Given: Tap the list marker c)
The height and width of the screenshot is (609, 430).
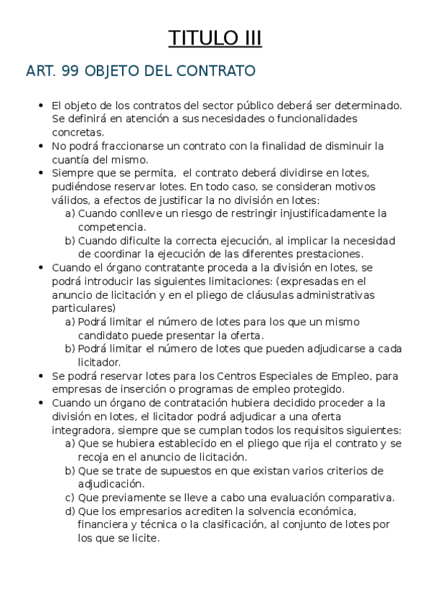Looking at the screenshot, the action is coord(70,497).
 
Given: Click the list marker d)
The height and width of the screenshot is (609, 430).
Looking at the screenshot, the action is coord(70,511).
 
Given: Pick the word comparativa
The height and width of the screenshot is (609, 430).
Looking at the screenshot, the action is coord(358,497).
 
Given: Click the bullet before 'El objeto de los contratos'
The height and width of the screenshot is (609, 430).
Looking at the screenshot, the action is coord(41,106).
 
